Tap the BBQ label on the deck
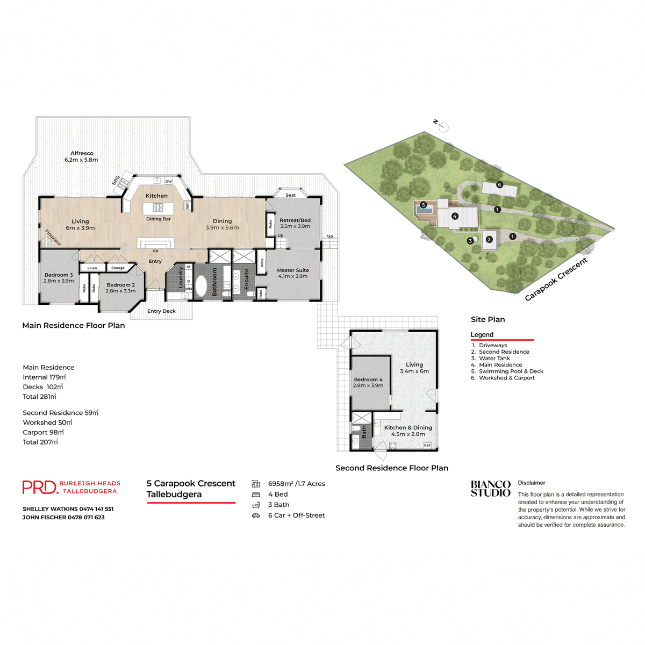tap(116, 181)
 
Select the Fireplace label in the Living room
tap(53, 238)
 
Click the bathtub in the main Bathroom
tap(200, 286)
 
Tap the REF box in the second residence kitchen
tap(427, 445)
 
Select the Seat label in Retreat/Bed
tap(290, 195)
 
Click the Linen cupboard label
tap(92, 268)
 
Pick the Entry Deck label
tap(161, 311)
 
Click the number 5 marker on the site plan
tap(424, 205)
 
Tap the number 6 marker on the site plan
tap(499, 185)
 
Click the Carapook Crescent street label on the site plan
tap(556, 279)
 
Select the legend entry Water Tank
tap(494, 359)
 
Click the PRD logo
tap(40, 487)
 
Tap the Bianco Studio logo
tap(490, 489)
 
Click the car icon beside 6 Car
tap(256, 515)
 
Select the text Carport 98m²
tap(43, 432)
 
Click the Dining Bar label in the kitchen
tap(158, 219)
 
